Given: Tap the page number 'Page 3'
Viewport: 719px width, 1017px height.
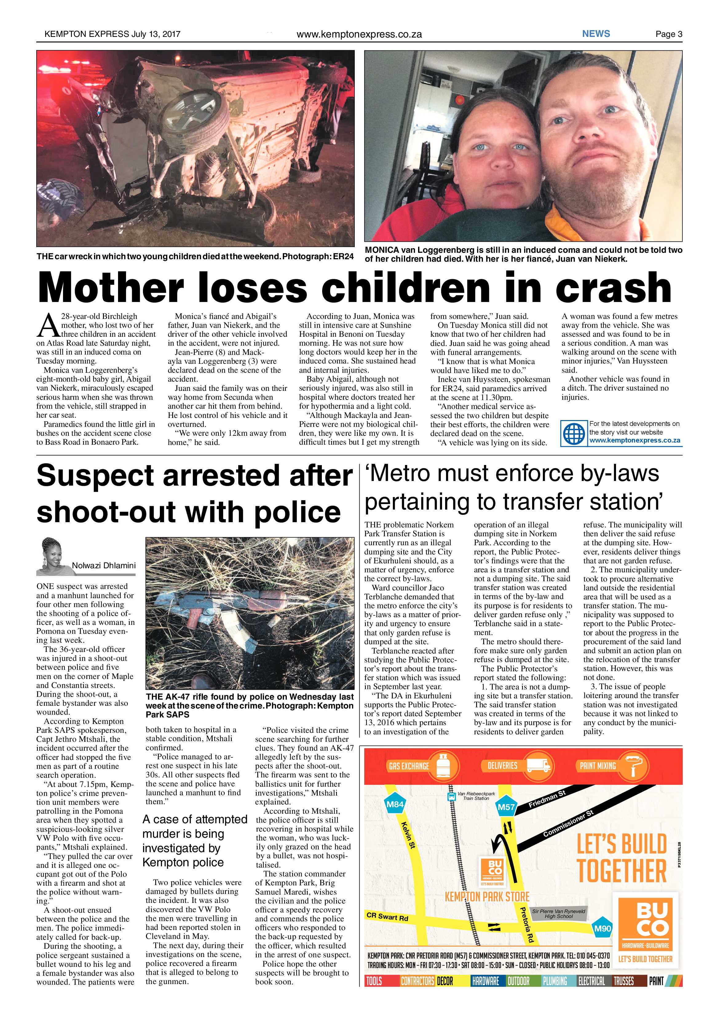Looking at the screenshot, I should pos(669,34).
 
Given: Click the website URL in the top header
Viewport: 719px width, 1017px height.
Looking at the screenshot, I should pos(359,34).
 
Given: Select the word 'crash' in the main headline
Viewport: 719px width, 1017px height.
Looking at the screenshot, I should pos(613,288).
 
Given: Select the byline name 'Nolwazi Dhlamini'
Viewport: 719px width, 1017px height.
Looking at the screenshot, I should pos(104,565).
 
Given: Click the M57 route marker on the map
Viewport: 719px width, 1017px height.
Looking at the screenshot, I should pos(506,807).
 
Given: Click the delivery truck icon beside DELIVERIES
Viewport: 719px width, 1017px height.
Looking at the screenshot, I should pos(538,765).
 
